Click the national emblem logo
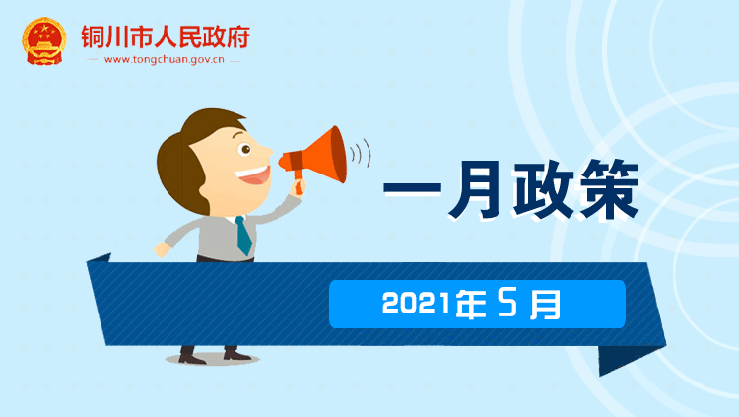tap(43, 41)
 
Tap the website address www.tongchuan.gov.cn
tap(164, 60)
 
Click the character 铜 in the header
tap(93, 36)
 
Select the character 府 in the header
tap(238, 36)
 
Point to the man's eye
tap(245, 150)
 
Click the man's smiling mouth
tap(253, 175)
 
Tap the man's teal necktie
tap(243, 235)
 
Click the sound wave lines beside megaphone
tap(361, 153)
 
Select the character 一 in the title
tap(413, 188)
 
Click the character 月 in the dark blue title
tap(476, 189)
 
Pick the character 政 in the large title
tap(543, 189)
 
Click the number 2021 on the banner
tap(416, 303)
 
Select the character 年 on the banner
tap(471, 304)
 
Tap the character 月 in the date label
tap(545, 304)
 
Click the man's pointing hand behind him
tap(163, 249)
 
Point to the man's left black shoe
tap(191, 355)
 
